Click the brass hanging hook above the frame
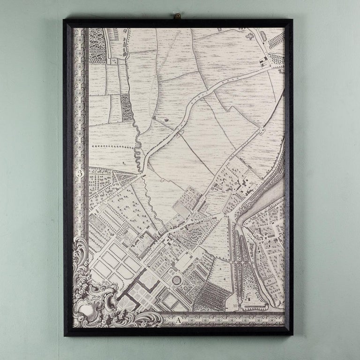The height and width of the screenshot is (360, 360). pyautogui.click(x=178, y=17)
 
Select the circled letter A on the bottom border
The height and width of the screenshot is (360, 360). pyautogui.click(x=180, y=320)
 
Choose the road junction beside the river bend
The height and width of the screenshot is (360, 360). pyautogui.click(x=230, y=216)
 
